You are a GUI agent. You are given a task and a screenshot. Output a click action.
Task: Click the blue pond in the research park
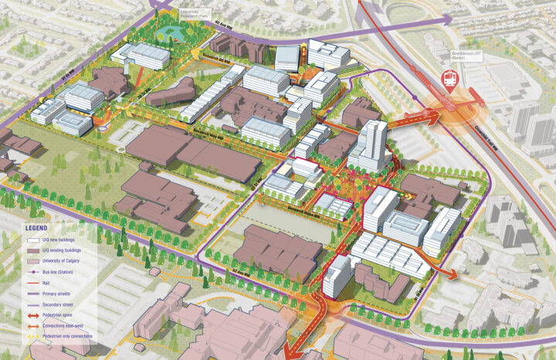tap(173, 33)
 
